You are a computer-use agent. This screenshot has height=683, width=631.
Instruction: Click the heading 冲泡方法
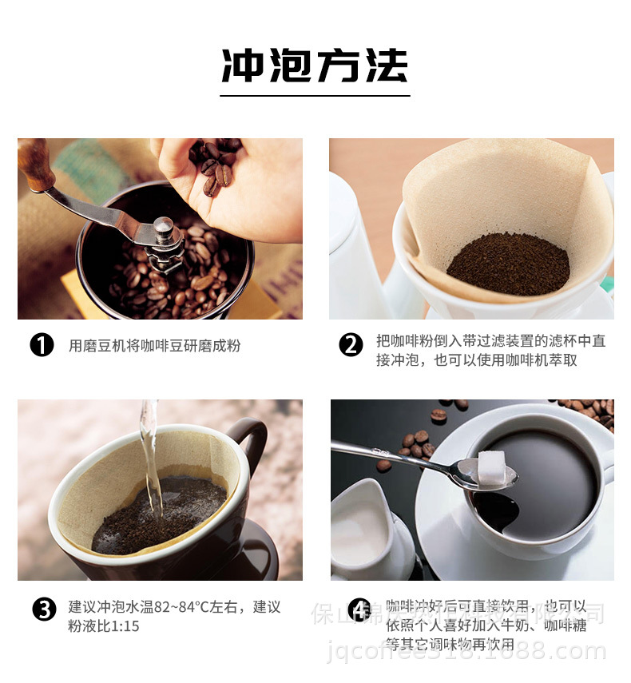[x=315, y=66]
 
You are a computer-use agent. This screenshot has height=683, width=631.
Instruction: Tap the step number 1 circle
[x=42, y=346]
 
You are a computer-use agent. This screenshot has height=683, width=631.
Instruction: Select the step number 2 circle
[x=351, y=346]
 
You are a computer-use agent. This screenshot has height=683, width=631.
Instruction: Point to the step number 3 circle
[x=44, y=610]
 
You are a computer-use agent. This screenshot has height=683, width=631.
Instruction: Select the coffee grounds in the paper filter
[x=507, y=264]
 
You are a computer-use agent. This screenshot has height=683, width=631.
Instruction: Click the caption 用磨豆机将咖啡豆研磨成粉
[x=154, y=346]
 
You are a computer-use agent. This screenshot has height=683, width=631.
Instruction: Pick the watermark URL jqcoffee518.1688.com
[x=467, y=652]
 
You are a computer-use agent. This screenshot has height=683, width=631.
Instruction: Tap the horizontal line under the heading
[x=315, y=96]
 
